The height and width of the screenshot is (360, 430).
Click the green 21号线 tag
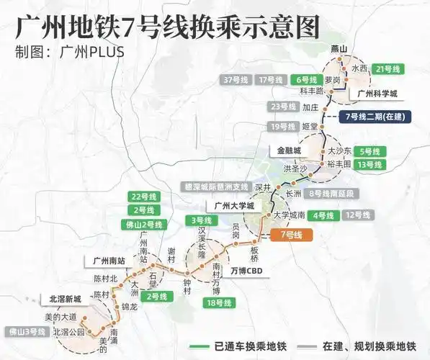coord(393,68)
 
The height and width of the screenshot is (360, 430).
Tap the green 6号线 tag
coord(307,79)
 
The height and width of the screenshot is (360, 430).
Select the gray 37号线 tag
coord(236,79)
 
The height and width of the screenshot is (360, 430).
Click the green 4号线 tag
coord(325,215)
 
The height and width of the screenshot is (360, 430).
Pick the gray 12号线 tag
coord(358,215)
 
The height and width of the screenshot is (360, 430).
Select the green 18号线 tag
coord(215,303)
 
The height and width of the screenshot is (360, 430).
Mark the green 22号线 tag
coord(143,197)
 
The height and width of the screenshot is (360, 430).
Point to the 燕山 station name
coord(338,48)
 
